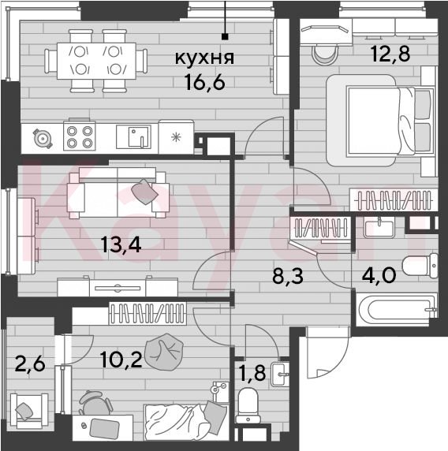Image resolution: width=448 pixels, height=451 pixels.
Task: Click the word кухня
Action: click(204, 58)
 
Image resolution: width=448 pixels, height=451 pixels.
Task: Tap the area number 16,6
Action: click(205, 82)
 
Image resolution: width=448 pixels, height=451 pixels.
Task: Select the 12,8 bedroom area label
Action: click(390, 54)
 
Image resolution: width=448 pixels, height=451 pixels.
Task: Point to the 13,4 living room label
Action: click(121, 245)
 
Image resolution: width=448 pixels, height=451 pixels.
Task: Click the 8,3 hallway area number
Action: click(288, 276)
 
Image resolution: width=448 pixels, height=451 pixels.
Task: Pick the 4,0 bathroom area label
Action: click(379, 275)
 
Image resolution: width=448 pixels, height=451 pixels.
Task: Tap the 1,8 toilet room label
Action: click(252, 373)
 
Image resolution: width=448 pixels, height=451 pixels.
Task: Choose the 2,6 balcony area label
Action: click(30, 363)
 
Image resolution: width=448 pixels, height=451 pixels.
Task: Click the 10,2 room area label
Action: click(121, 360)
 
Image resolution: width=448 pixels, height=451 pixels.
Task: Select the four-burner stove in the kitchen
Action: click(80, 136)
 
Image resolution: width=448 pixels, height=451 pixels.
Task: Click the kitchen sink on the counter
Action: click(133, 136)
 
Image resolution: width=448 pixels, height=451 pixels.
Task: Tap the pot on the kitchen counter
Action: click(43, 139)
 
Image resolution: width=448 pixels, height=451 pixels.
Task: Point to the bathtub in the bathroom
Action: click(397, 310)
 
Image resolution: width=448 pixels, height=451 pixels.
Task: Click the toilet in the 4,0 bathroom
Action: click(420, 266)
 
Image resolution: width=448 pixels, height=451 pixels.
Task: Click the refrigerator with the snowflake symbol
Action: click(176, 137)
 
